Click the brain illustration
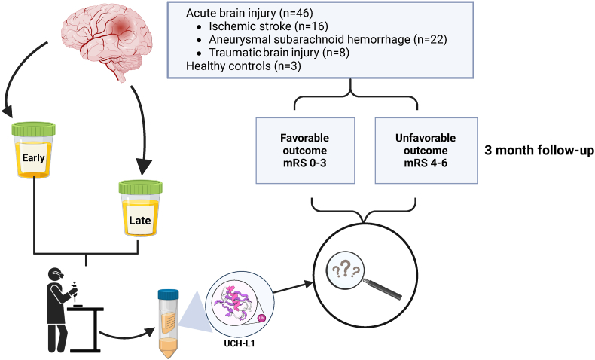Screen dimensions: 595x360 click(107, 41)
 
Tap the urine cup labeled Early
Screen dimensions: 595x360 click(33, 150)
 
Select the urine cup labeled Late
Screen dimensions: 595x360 click(140, 209)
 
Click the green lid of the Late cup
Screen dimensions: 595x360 click(140, 187)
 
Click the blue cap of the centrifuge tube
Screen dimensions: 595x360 click(168, 294)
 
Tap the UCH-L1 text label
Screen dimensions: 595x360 click(239, 344)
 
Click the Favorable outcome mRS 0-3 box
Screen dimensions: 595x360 click(305, 151)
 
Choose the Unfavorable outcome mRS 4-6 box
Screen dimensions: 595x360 click(426, 151)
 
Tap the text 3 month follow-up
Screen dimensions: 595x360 click(539, 151)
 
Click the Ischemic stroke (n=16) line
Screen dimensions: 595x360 click(268, 26)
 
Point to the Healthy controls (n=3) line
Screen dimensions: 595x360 click(243, 66)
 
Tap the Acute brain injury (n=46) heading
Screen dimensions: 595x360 click(249, 13)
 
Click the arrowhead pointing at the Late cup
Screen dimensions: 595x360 click(142, 167)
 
